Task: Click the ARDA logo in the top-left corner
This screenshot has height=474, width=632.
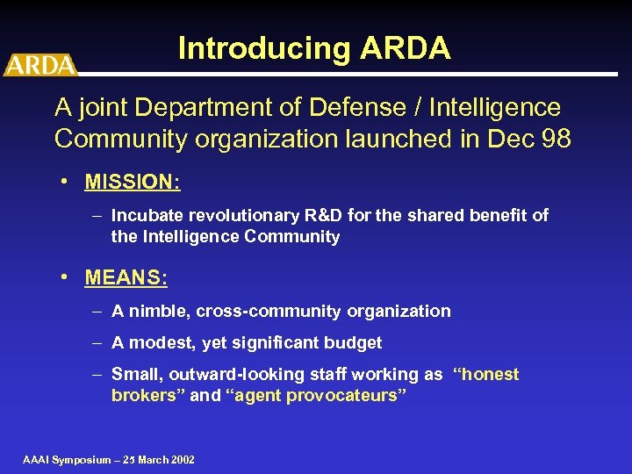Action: coord(39,64)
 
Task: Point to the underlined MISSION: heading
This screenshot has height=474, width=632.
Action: coord(133,183)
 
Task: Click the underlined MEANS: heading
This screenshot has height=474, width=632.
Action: coord(126,278)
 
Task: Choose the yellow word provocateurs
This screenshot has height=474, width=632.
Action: coord(346,395)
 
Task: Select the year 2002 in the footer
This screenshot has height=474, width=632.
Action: coord(180,459)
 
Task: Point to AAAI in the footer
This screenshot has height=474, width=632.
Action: coord(37,459)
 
